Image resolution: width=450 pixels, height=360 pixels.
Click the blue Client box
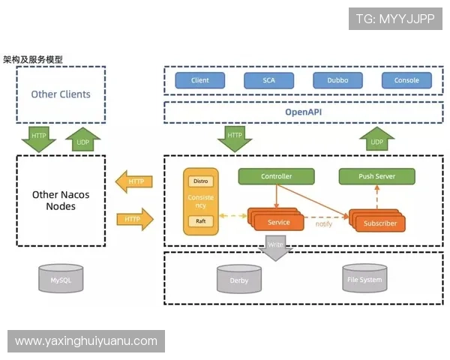click(x=199, y=80)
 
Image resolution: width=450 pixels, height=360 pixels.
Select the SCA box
click(x=268, y=80)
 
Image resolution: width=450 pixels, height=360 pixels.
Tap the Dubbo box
click(x=337, y=80)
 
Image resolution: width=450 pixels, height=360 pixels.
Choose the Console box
click(x=406, y=80)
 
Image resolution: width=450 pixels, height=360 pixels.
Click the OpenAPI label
click(x=303, y=112)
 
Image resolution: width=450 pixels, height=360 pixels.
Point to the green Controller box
click(x=276, y=177)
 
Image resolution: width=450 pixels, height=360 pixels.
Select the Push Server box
click(x=377, y=177)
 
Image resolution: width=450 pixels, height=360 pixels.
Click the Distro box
click(x=201, y=181)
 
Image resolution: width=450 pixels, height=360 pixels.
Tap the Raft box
click(x=201, y=221)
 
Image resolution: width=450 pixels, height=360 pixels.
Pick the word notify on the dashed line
click(x=323, y=223)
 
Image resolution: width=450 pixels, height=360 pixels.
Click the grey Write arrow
click(x=277, y=247)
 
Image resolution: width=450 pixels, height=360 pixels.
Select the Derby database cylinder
click(x=238, y=280)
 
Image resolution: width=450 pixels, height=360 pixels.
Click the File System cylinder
click(x=364, y=279)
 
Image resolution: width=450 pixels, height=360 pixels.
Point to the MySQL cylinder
click(x=61, y=279)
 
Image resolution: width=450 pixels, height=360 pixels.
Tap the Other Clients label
click(x=61, y=94)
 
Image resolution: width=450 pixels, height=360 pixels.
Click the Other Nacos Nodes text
click(x=61, y=200)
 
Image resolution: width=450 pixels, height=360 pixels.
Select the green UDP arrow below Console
click(x=376, y=139)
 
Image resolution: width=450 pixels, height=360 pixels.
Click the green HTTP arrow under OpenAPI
click(x=235, y=138)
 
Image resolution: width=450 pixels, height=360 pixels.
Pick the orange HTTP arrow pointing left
click(x=135, y=181)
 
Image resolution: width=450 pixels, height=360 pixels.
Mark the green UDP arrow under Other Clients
click(x=82, y=139)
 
